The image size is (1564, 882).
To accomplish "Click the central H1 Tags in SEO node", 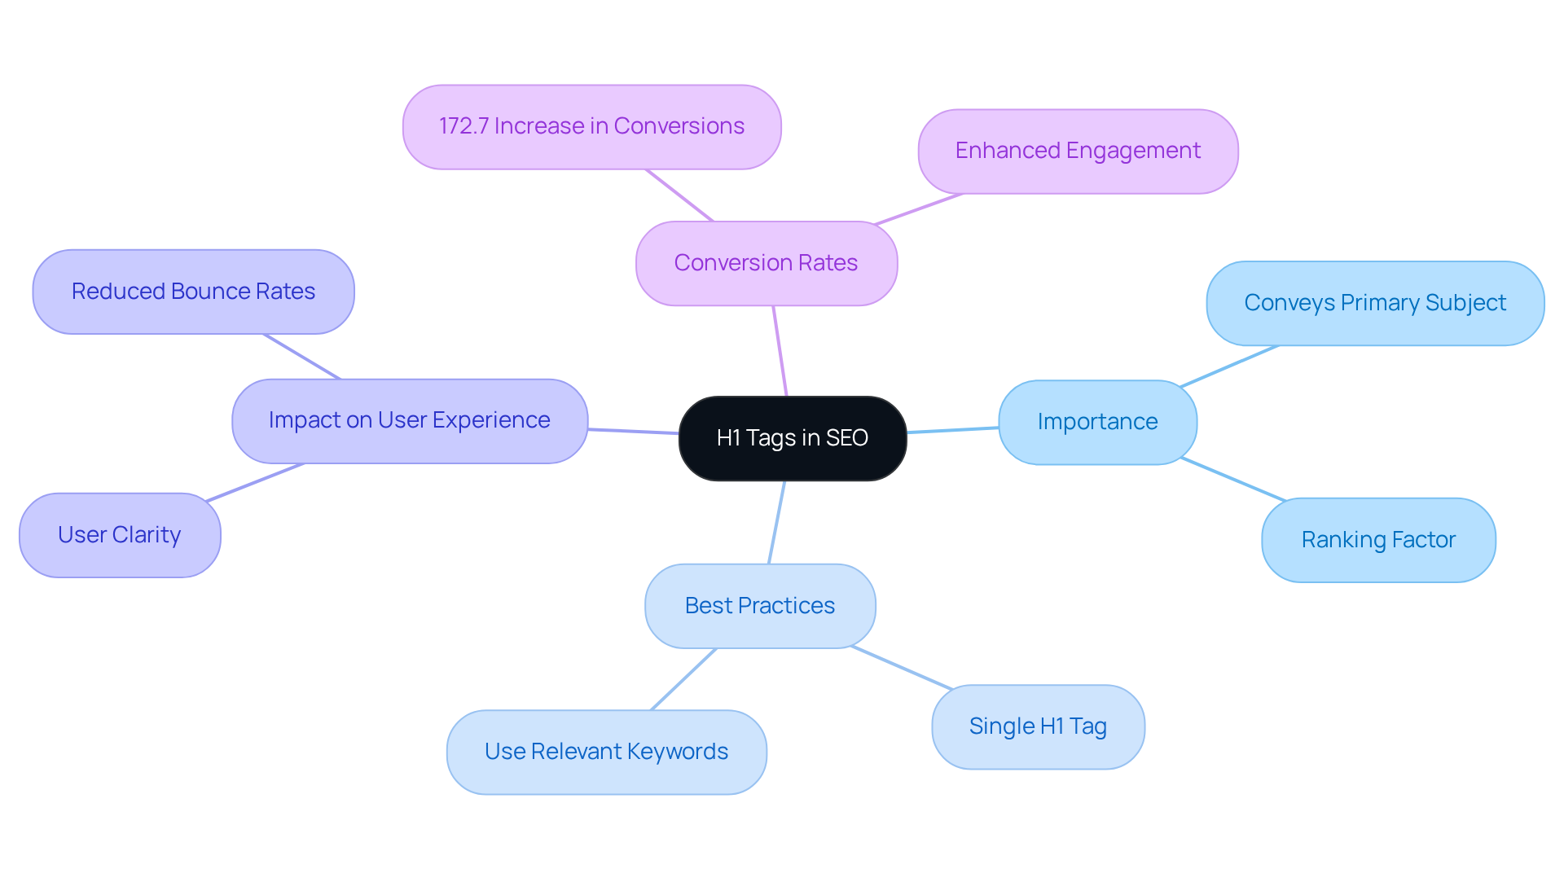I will tap(792, 438).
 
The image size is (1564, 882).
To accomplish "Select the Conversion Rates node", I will tap(766, 263).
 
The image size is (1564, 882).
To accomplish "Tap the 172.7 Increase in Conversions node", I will tap(591, 127).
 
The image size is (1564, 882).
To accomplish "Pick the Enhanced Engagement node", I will tap(1077, 151).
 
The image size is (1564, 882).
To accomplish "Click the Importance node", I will tap(1096, 422).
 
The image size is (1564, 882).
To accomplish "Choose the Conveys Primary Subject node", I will tap(1374, 303).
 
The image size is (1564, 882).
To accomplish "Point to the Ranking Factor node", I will tap(1377, 540).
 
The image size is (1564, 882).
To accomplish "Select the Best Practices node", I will tap(759, 606).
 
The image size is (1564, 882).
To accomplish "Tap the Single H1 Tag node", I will tap(1037, 726).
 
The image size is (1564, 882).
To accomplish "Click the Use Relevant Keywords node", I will tap(606, 752).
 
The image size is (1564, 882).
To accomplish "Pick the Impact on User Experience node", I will tap(409, 420).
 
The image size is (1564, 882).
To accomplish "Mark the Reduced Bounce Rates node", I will tap(193, 292).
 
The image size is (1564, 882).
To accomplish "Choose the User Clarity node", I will tap(119, 535).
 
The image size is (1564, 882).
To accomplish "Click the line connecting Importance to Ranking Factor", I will tap(1232, 479).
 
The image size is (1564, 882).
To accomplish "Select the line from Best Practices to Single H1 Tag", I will tap(901, 668).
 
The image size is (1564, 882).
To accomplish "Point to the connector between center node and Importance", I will tap(952, 430).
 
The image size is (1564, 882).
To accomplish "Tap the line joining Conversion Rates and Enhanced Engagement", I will tap(918, 209).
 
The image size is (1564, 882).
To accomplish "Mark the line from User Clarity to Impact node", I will tap(254, 483).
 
